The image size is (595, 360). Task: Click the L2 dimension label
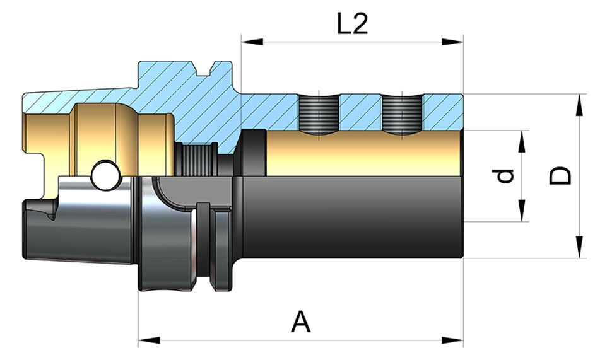point(352,25)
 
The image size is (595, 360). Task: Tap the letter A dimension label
point(301,323)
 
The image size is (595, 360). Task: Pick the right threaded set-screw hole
point(402,115)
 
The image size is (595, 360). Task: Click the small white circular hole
point(105,175)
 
